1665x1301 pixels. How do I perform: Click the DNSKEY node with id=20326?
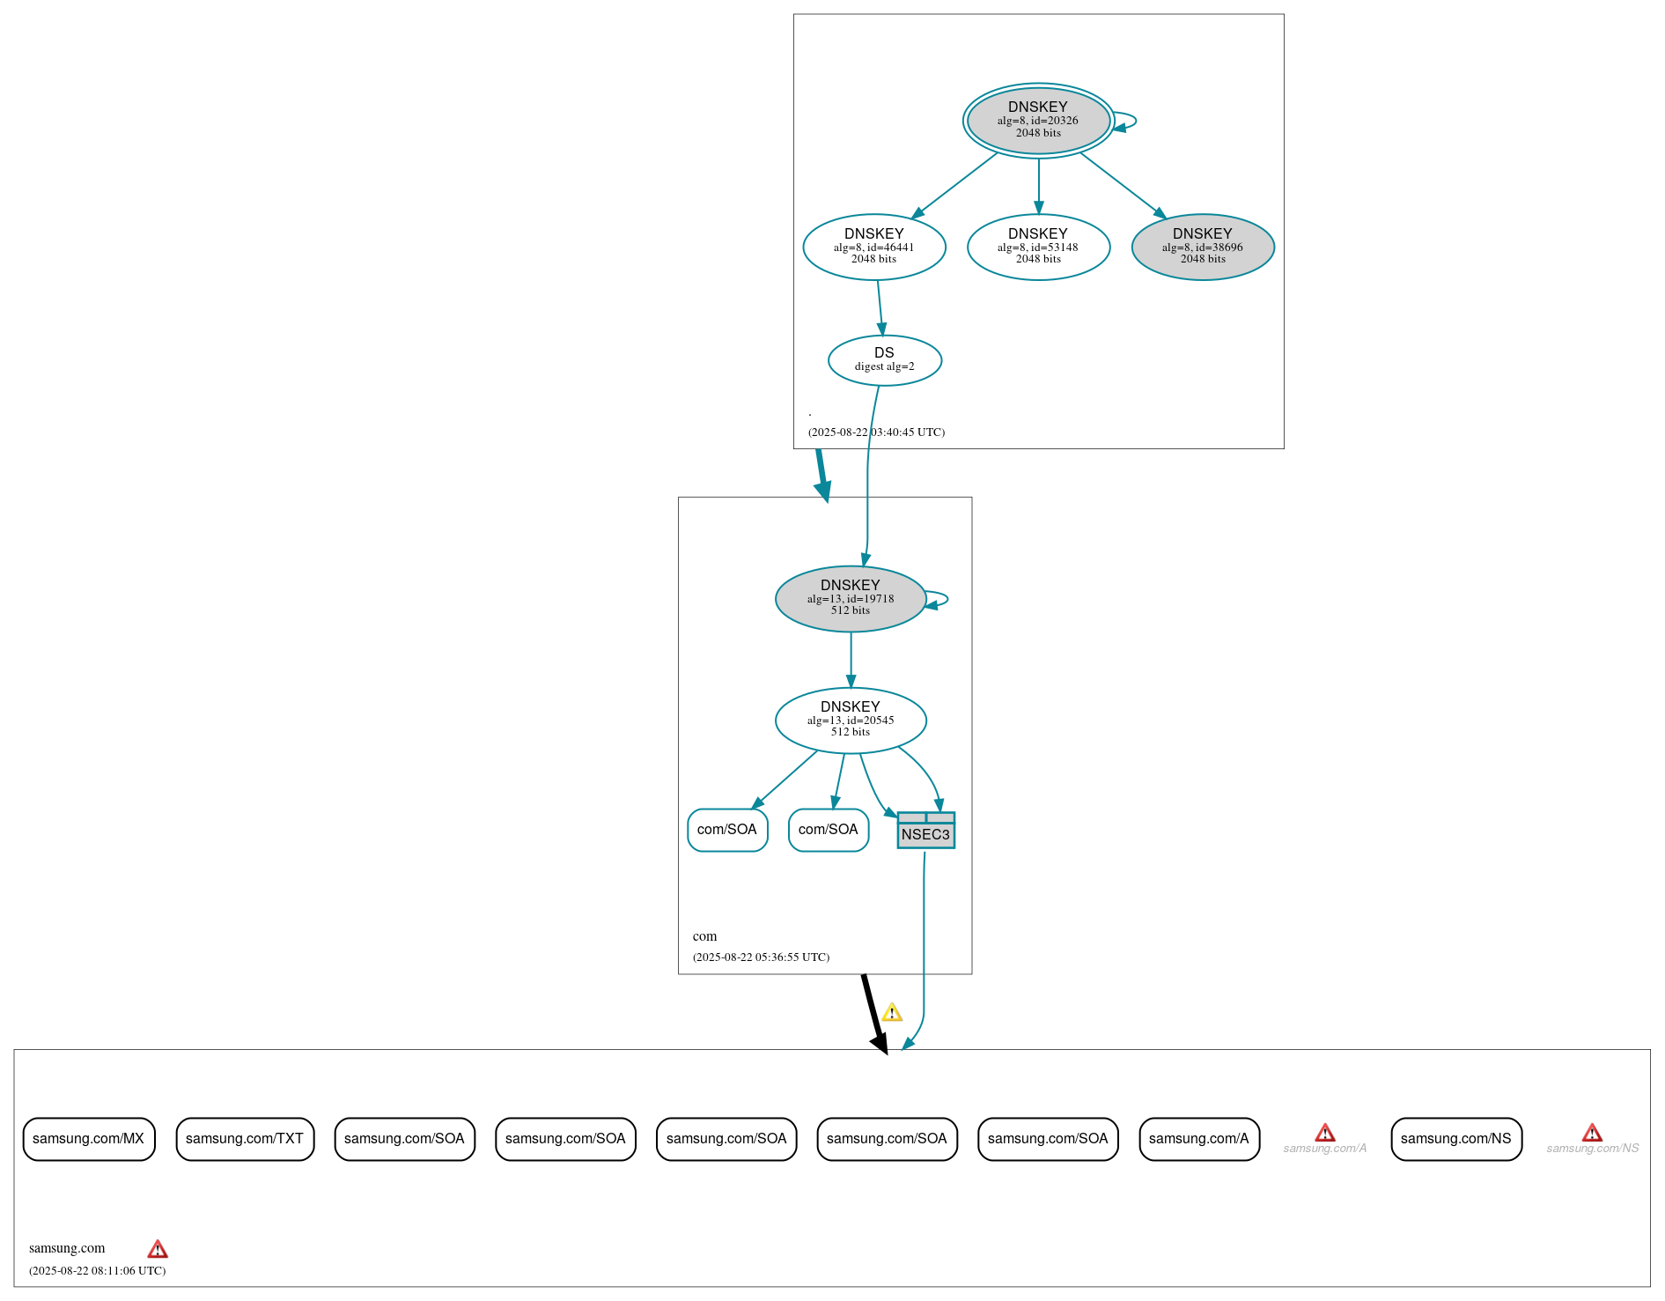[x=1038, y=120]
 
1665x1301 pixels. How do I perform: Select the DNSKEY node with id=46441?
[x=873, y=247]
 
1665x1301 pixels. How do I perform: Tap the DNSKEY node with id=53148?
[x=1038, y=247]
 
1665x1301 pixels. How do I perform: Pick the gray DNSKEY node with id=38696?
[x=1202, y=247]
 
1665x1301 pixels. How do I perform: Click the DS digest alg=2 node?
[x=884, y=359]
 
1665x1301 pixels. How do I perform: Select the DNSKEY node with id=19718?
[x=850, y=598]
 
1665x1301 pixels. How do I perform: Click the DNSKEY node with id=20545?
[x=850, y=720]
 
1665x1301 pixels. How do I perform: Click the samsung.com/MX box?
[x=88, y=1139]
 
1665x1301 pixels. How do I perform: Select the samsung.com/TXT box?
[x=244, y=1139]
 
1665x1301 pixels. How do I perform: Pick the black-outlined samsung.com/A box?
[x=1198, y=1139]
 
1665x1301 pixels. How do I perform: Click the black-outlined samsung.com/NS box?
[x=1455, y=1139]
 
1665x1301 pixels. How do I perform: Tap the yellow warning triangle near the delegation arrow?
[x=892, y=1013]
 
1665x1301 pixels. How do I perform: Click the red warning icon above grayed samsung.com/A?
[x=1324, y=1133]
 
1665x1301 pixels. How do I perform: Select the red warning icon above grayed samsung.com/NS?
[x=1592, y=1133]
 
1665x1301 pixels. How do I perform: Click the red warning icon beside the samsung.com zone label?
[x=158, y=1249]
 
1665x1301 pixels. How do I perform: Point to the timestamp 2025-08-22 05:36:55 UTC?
[x=761, y=957]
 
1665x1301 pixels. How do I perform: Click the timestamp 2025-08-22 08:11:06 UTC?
[x=97, y=1271]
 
